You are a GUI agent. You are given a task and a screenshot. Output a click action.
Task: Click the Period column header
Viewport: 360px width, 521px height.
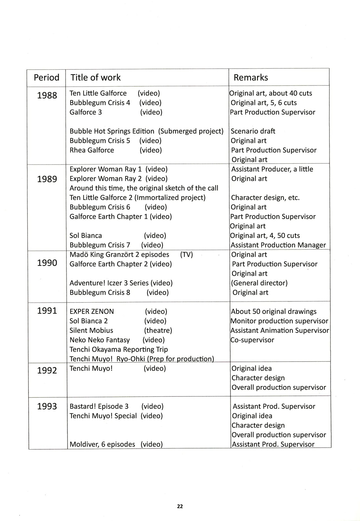click(x=46, y=78)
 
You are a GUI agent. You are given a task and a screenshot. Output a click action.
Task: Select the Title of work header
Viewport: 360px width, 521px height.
click(x=95, y=78)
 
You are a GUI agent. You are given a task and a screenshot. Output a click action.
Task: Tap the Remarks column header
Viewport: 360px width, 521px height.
click(x=251, y=78)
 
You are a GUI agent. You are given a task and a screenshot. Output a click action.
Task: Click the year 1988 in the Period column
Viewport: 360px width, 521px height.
click(x=47, y=96)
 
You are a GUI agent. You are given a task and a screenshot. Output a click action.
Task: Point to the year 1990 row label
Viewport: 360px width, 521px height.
click(x=47, y=263)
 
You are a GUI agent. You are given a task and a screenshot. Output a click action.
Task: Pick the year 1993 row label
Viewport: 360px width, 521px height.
click(x=47, y=406)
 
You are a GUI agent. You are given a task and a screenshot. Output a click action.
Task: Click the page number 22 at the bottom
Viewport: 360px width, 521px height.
click(x=180, y=506)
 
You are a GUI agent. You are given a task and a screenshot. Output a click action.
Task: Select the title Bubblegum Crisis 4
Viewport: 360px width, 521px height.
click(x=100, y=103)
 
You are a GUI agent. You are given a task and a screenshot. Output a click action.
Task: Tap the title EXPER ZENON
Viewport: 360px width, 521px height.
click(x=92, y=312)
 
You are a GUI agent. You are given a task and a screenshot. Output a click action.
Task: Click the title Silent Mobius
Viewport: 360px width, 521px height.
click(x=91, y=330)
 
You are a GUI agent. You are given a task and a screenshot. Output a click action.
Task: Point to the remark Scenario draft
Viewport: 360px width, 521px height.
click(x=253, y=131)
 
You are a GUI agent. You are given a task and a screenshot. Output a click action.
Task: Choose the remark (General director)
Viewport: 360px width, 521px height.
click(x=259, y=283)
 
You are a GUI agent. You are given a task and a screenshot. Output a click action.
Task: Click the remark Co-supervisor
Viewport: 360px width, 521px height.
click(x=252, y=340)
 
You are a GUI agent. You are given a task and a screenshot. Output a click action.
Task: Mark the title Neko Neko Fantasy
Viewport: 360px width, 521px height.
click(x=100, y=340)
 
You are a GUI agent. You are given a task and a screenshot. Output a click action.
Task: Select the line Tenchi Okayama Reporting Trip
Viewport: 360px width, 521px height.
click(x=119, y=349)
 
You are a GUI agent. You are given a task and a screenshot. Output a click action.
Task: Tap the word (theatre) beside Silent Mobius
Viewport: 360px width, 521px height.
click(x=158, y=330)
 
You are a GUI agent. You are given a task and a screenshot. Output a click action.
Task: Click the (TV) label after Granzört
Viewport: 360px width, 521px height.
click(x=186, y=255)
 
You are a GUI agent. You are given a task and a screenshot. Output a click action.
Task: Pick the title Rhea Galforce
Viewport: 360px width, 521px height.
click(x=92, y=150)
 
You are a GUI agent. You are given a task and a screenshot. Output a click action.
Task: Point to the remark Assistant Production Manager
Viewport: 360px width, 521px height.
click(x=278, y=245)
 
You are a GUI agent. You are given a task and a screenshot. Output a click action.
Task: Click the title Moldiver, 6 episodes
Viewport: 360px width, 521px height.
click(x=102, y=444)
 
